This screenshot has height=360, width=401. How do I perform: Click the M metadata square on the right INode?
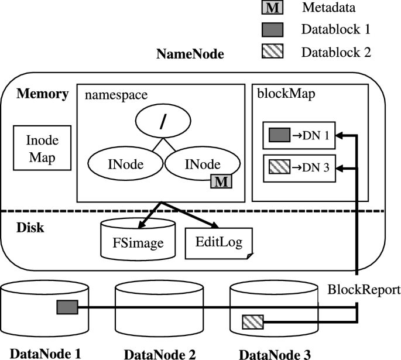pos(221,181)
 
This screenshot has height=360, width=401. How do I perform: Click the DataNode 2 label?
pos(159,354)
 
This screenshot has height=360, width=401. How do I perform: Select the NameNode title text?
pos(190,55)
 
